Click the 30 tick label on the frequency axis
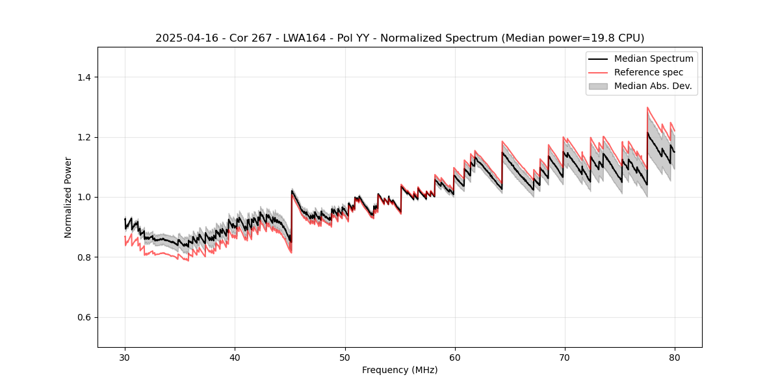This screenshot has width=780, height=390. point(125,357)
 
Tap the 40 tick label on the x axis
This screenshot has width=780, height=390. point(235,357)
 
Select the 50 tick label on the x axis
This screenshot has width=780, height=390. point(344,357)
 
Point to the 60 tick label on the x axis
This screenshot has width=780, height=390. point(454,357)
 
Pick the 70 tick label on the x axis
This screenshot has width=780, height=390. point(564,357)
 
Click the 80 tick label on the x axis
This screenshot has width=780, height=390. point(674,357)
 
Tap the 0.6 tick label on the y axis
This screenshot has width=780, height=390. point(84,317)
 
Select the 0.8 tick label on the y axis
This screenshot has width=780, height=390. point(84,257)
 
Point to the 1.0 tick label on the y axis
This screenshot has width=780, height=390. point(84,197)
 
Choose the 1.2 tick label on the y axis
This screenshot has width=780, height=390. point(84,137)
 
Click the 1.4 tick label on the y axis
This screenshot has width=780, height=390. point(84,77)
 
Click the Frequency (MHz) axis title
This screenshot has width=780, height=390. point(400,370)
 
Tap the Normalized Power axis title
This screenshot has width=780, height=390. point(68,197)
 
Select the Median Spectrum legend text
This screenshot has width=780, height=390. point(654,58)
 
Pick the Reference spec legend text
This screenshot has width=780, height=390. point(649,72)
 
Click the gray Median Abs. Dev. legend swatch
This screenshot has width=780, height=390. point(598,86)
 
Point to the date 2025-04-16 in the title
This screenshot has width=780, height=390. point(183,38)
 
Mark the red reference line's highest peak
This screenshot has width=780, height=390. point(647,107)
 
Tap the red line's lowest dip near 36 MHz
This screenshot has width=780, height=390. point(188,261)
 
